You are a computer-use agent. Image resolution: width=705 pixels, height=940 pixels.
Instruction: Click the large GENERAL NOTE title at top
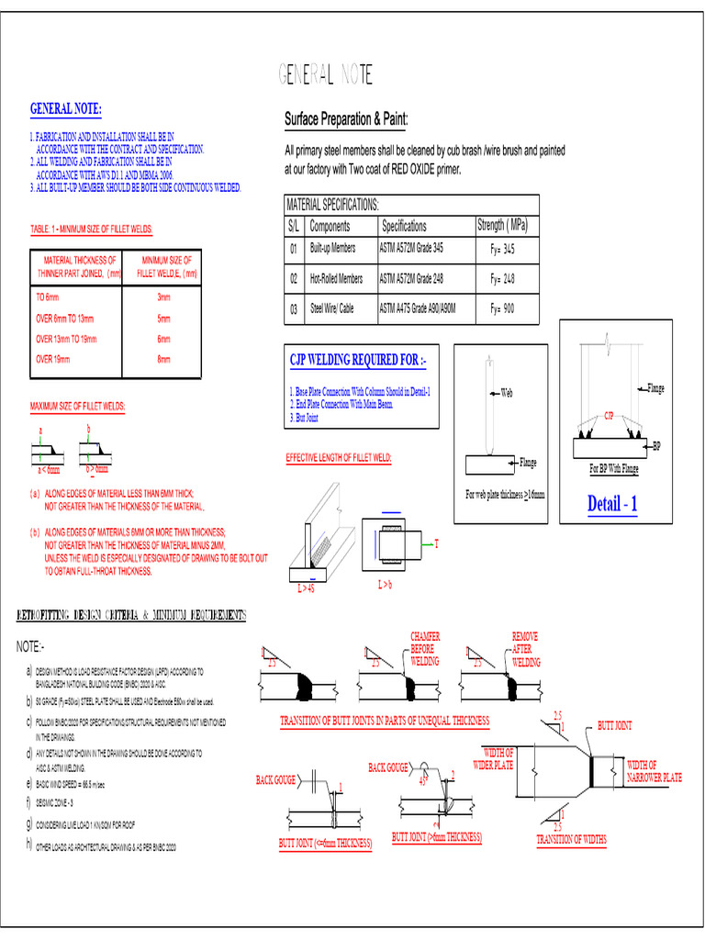(327, 76)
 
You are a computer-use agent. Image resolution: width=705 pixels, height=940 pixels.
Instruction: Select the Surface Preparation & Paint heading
(346, 119)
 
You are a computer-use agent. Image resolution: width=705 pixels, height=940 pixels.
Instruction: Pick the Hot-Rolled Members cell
(336, 278)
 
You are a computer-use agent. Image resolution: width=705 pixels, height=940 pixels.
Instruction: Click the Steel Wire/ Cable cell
(331, 309)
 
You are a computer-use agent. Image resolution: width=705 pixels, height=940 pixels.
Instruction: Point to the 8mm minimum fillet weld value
(163, 359)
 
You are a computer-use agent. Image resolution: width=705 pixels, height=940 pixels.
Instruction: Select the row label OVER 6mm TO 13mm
(65, 319)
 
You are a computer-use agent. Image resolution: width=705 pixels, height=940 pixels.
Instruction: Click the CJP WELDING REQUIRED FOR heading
(352, 359)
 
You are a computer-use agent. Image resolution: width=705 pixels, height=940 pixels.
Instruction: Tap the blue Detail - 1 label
(612, 504)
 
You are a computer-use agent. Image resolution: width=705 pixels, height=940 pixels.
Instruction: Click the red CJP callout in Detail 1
(608, 416)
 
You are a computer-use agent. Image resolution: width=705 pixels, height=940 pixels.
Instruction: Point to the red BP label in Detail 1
(656, 446)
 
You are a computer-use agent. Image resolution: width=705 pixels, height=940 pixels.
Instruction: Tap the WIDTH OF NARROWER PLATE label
(654, 771)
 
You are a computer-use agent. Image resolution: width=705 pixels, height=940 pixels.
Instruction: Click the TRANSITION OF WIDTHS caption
(571, 839)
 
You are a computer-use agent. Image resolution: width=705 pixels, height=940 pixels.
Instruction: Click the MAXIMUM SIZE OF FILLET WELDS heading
(78, 406)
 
